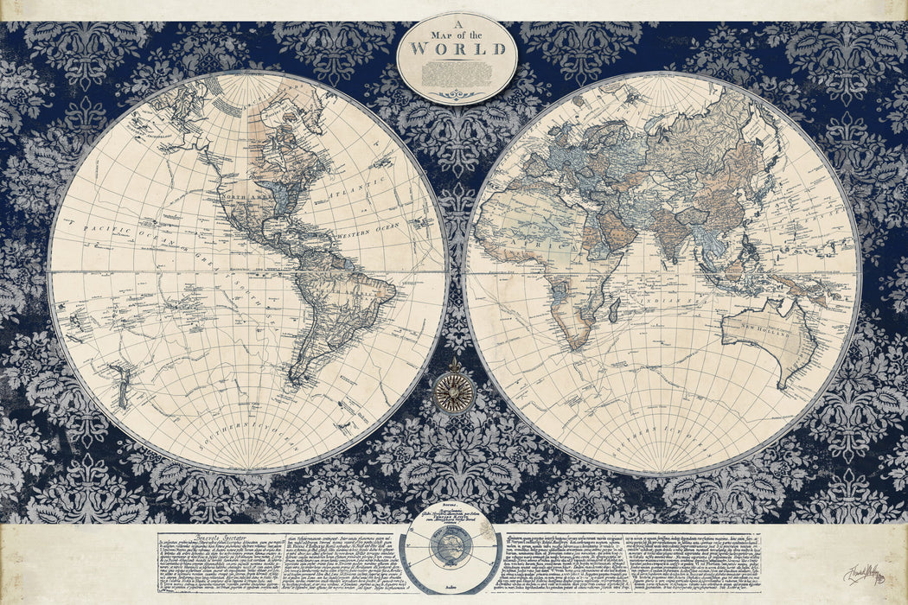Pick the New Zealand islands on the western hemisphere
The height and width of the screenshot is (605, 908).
pos(122,387)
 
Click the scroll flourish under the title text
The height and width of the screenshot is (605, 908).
pos(456,94)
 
